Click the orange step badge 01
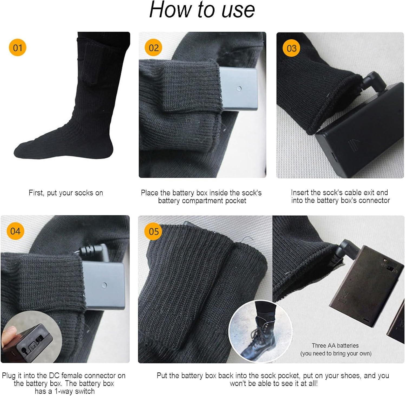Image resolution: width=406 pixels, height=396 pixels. click(18, 48)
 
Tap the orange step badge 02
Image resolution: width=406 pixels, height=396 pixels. click(153, 48)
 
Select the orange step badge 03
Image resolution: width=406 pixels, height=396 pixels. click(292, 48)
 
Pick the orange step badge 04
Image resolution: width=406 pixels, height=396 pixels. click(15, 231)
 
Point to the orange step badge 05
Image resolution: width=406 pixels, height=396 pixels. click(153, 231)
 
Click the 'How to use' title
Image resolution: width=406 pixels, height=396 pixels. click(202, 10)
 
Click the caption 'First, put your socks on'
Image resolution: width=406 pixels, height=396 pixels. click(66, 193)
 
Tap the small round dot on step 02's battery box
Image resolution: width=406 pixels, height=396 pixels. click(239, 88)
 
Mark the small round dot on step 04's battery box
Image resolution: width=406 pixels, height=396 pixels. click(104, 284)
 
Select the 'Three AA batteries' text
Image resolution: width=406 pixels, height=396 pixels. click(335, 346)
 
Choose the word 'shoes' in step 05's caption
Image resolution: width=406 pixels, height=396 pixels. click(352, 376)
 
